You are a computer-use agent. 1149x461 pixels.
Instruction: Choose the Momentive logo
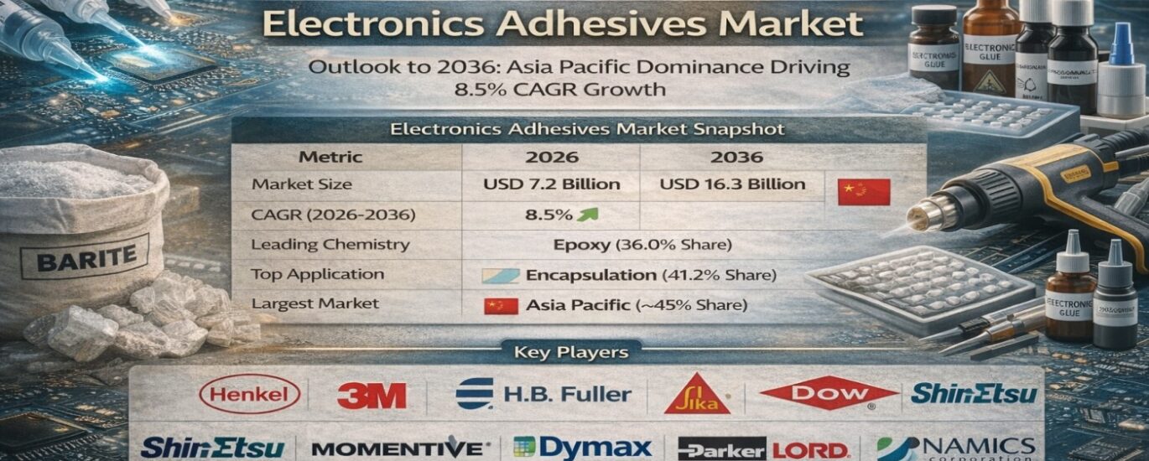coord(397,448)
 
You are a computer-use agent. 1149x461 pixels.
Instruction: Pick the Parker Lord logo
coord(763,448)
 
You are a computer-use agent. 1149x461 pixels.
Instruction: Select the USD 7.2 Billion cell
coord(551,184)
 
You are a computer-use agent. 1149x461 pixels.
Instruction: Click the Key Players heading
coord(570,353)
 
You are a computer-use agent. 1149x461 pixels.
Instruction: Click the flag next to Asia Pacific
coord(501,305)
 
